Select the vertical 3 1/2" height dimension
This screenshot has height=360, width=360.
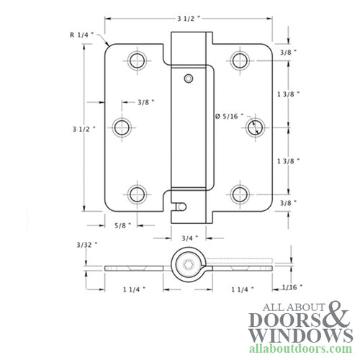click(x=85, y=129)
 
